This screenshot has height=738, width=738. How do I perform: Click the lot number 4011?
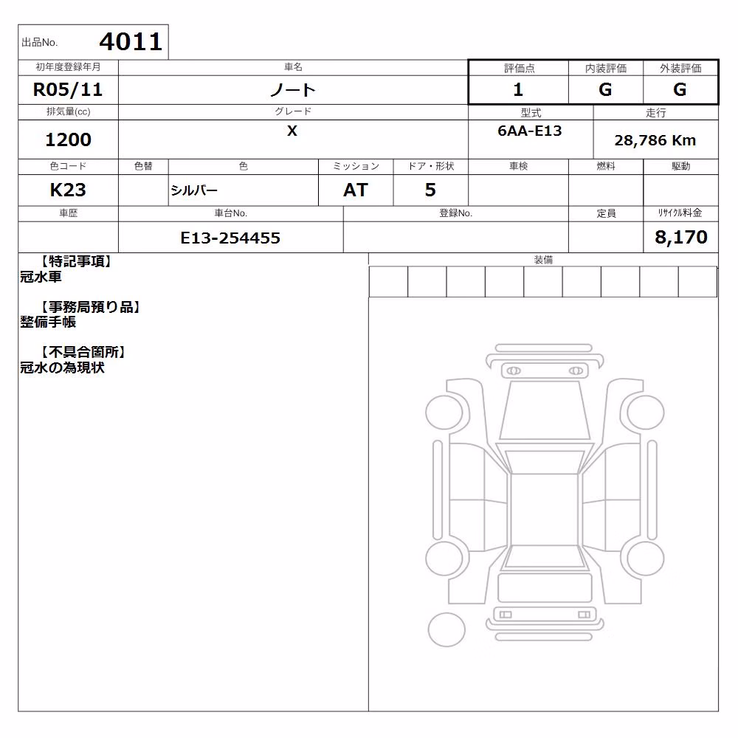(x=131, y=42)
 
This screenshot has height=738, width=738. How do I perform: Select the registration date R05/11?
(x=68, y=89)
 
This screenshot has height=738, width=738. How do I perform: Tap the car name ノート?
(x=293, y=89)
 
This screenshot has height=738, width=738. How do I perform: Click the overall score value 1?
(x=518, y=89)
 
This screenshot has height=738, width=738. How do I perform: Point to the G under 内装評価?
(x=605, y=89)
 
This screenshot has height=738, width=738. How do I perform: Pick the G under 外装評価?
(x=680, y=89)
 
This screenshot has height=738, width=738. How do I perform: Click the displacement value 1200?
(x=68, y=139)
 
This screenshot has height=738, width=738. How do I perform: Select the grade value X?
(x=292, y=131)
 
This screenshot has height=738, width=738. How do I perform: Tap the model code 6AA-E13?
(x=530, y=131)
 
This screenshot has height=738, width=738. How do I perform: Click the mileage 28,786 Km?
(x=655, y=140)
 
